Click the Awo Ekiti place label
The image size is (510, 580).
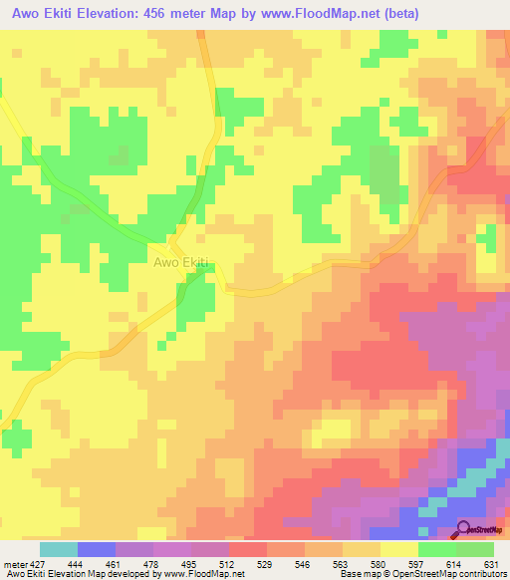tap(181, 263)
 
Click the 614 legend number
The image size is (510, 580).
tap(456, 563)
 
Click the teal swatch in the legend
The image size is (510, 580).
tap(59, 549)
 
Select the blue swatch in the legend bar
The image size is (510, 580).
tap(97, 549)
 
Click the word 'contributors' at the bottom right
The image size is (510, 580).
tap(478, 574)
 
